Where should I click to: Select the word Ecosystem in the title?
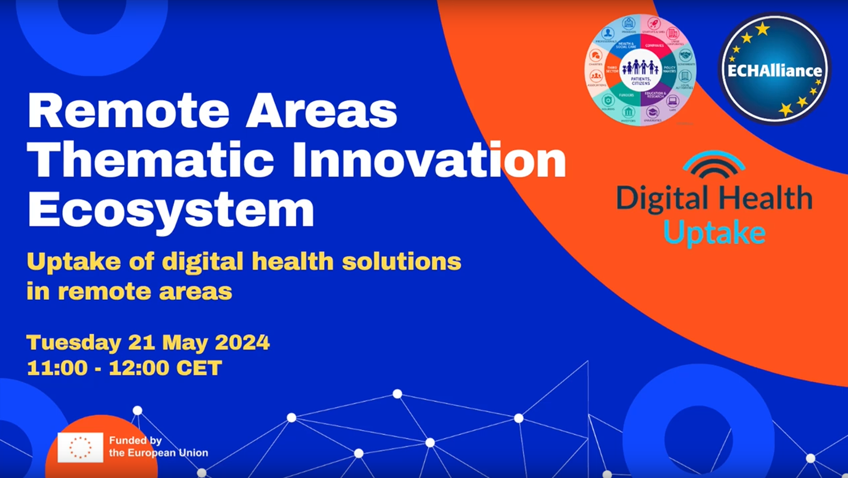tap(171, 209)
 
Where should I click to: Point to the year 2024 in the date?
tap(242, 343)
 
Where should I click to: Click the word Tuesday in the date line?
tap(74, 343)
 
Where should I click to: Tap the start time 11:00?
tap(57, 368)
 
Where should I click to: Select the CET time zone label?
tap(199, 368)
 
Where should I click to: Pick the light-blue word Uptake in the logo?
tap(714, 233)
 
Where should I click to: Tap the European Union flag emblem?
tap(80, 447)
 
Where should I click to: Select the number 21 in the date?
tap(141, 343)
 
